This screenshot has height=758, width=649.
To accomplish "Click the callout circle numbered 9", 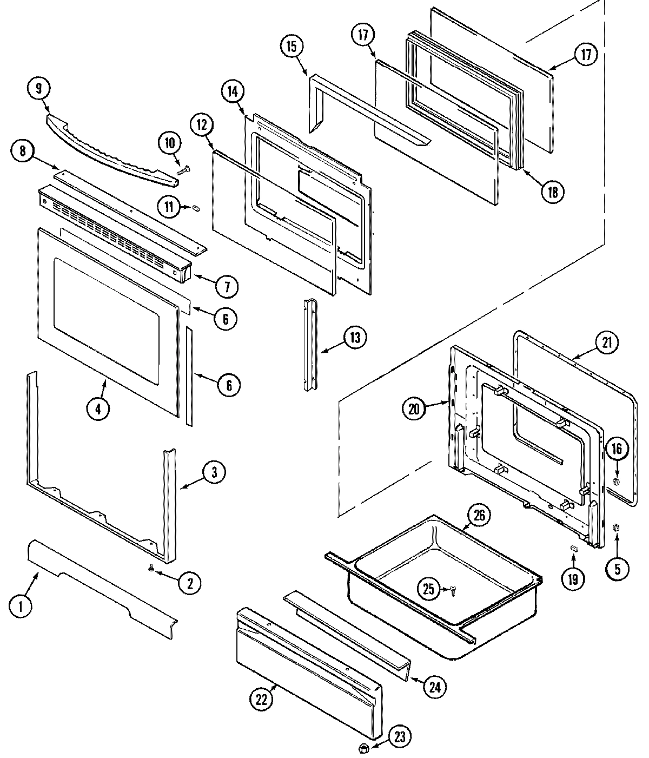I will [38, 88].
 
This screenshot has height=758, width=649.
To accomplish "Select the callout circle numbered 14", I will [232, 91].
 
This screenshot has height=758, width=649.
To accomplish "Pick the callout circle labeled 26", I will [479, 515].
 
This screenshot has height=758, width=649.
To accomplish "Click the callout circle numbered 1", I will [21, 607].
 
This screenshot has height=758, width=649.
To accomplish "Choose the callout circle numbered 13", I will [354, 337].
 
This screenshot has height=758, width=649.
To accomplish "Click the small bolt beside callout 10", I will [182, 169].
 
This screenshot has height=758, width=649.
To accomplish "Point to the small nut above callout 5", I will [616, 528].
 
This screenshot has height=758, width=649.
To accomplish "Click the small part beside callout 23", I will [363, 748].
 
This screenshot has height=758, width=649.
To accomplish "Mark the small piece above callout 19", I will [575, 549].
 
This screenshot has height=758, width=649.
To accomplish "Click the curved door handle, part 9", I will [108, 146].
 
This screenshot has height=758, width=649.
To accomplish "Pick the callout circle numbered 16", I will [617, 449].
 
